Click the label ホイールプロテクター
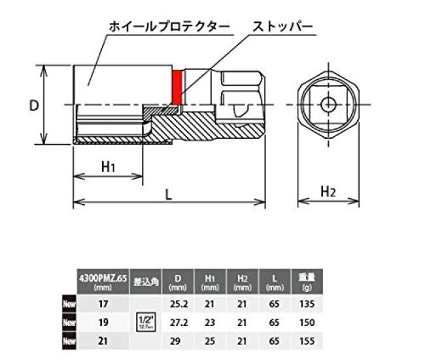[169, 27]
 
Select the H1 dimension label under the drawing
[109, 166]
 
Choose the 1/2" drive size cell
[146, 321]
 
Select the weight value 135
[307, 304]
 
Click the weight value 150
[307, 323]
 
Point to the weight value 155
[307, 341]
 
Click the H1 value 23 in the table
[211, 323]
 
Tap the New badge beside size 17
[69, 304]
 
